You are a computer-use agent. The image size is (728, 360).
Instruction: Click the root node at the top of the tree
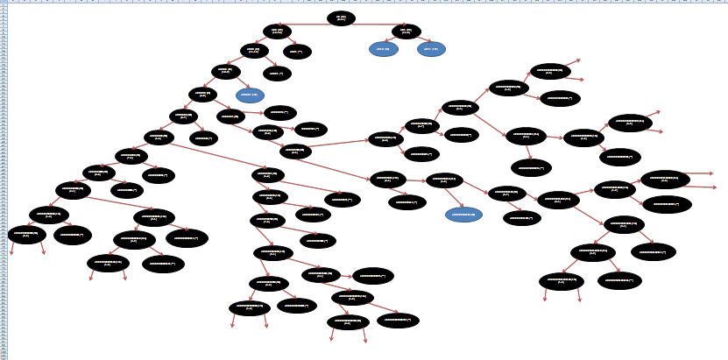pos(341,18)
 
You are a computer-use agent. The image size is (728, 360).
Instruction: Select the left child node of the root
pos(277,32)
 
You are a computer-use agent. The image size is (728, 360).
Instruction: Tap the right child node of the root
pos(406,32)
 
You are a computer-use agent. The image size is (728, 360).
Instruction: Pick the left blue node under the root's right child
pos(384,49)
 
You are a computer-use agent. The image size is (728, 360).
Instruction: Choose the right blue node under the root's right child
pos(431,49)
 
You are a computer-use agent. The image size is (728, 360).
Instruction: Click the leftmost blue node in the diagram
pos(250,95)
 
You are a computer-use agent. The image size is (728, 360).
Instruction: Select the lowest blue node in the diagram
pos(463,215)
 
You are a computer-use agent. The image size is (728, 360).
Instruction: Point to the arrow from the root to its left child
pos(302,25)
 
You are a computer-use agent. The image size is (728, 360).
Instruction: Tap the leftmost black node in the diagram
pos(26,234)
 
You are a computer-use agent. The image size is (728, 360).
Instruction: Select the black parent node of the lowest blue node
pos(444,180)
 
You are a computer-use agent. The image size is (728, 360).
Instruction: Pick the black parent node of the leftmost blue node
pos(225,72)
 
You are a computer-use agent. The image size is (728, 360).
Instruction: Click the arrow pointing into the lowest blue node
pos(454,198)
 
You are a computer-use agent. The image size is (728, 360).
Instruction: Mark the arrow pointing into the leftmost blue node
pos(238,84)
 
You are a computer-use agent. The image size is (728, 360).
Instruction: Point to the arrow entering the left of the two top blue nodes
pos(394,40)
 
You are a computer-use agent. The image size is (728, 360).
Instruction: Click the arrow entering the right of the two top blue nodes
pos(420,40)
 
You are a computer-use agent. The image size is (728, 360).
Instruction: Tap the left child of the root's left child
pos(254,51)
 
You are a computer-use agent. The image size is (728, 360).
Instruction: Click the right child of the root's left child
pos(298,52)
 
